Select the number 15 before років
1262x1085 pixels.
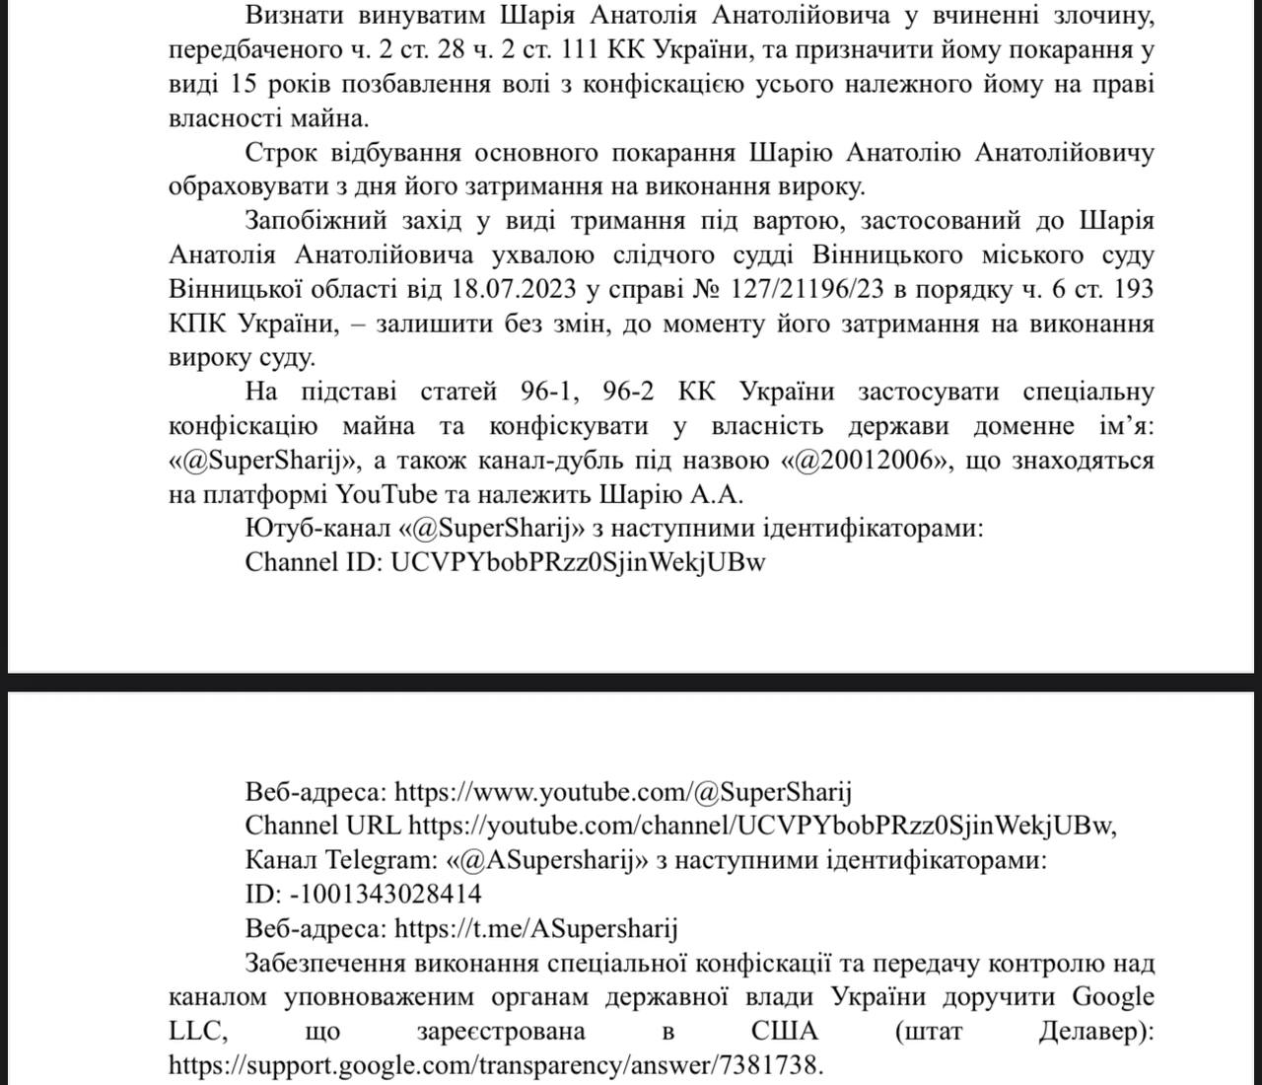[x=251, y=84]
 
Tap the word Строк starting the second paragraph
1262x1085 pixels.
[x=282, y=153]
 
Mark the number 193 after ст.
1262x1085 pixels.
[x=1129, y=290]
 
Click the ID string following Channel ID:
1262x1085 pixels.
[x=579, y=563]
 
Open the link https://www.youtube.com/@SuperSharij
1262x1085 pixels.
[x=623, y=792]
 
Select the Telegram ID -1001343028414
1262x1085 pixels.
[x=386, y=895]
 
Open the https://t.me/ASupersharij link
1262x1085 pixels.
[x=536, y=929]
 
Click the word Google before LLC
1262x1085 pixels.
[x=1113, y=997]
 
